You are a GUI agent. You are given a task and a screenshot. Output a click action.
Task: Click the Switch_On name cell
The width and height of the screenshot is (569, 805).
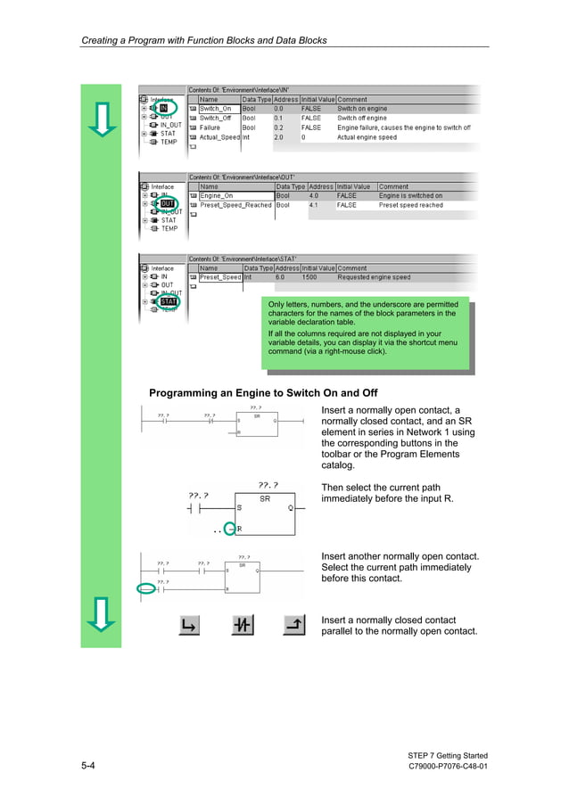click(x=215, y=108)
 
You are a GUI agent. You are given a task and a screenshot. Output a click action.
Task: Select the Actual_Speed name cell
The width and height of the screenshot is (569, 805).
click(x=219, y=137)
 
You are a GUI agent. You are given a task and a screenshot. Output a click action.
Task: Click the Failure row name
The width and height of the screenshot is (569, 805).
click(x=210, y=127)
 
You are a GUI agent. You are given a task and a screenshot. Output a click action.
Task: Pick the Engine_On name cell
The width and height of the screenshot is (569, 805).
click(x=217, y=195)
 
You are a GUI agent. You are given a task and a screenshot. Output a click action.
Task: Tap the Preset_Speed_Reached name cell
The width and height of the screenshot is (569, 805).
click(x=235, y=205)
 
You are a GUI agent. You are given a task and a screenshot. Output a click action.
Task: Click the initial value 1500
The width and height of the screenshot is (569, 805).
click(x=309, y=277)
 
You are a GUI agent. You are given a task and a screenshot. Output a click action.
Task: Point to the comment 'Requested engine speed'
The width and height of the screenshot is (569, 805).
click(x=374, y=277)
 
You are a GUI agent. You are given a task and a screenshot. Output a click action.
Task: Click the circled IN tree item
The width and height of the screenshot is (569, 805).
click(x=163, y=108)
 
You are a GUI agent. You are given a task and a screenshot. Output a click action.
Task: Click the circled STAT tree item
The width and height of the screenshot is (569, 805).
click(x=168, y=301)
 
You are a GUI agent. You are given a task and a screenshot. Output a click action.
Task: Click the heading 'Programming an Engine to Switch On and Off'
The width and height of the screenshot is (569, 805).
click(x=263, y=393)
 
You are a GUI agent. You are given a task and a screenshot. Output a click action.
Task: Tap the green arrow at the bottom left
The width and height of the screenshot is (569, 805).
click(x=103, y=614)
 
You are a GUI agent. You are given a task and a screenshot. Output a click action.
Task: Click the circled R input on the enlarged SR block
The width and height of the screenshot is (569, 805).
click(x=234, y=529)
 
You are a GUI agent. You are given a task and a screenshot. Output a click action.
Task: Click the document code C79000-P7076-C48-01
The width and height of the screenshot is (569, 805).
click(x=448, y=768)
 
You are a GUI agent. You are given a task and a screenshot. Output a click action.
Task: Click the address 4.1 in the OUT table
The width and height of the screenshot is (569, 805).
click(x=313, y=205)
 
